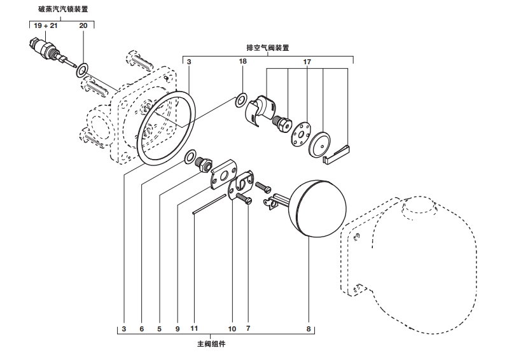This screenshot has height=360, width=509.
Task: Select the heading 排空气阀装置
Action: (268, 48)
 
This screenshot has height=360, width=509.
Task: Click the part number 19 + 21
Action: (46, 26)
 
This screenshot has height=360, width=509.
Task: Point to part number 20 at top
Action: (83, 26)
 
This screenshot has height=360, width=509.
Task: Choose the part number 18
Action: (242, 62)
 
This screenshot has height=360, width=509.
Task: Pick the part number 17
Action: (307, 62)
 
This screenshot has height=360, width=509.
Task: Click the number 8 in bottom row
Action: (309, 329)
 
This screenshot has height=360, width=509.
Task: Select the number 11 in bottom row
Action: (195, 329)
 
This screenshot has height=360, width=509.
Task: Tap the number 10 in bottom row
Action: (232, 329)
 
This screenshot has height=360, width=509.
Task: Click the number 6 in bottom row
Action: (142, 329)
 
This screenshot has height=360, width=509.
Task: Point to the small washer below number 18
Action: (241, 100)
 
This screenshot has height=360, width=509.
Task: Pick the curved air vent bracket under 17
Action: (259, 109)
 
